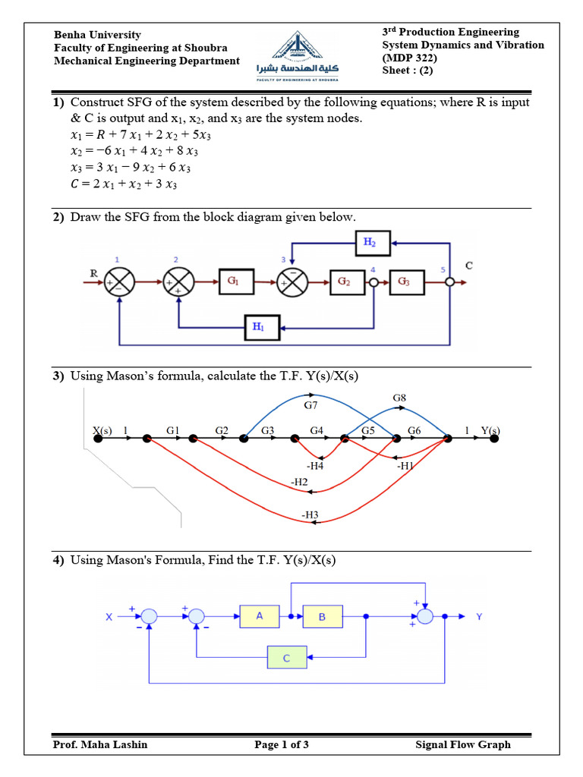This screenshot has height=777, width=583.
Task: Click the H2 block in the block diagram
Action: pos(370,244)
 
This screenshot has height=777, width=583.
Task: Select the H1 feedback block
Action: pos(258,327)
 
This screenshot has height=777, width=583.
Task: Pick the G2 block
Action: pos(343,282)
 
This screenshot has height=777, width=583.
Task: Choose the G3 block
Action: pos(402,282)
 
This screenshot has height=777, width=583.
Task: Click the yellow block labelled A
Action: pos(260,616)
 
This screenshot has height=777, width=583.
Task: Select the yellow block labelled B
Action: pos(322,617)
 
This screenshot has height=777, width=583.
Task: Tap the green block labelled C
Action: pos(287,657)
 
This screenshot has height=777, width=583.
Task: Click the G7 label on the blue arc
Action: pos(311,406)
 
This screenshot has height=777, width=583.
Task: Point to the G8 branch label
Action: pos(399,398)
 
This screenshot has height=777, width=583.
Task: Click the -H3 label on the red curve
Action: pos(310,516)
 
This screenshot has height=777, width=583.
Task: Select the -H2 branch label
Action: pos(299,482)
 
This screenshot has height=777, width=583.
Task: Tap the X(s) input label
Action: pos(102,430)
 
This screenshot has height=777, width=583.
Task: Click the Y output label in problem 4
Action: pos(478,616)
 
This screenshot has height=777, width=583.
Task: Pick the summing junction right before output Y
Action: pos(425,617)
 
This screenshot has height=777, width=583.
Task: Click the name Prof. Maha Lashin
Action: pos(100,744)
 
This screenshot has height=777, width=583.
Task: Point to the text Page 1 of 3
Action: pos(282,744)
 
